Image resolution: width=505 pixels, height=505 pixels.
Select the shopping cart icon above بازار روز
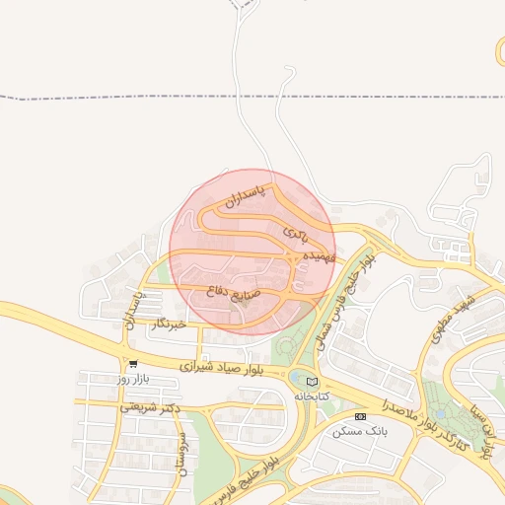coord(133,363)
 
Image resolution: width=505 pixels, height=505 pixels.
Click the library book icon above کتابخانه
coord(313,382)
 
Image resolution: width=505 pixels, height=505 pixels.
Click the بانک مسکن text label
coord(361,432)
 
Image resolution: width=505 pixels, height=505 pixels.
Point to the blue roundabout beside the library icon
coord(298,378)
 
